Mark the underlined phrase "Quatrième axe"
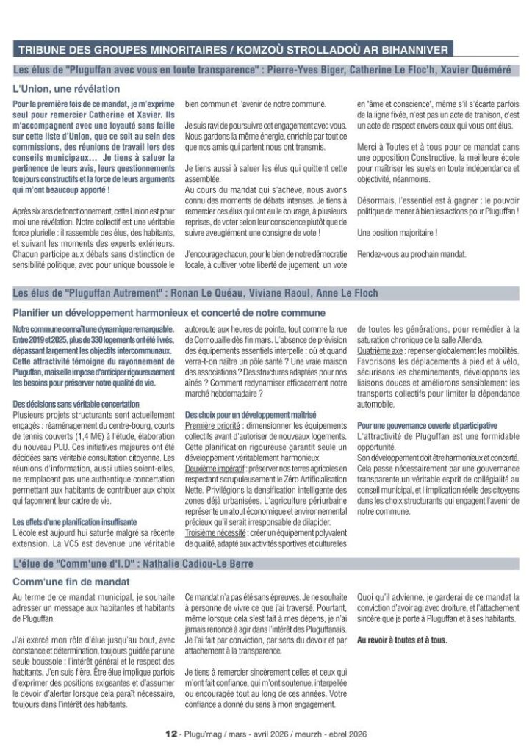click(x=380, y=352)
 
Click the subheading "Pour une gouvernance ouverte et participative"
click(x=428, y=425)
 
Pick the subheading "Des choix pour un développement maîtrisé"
click(x=251, y=415)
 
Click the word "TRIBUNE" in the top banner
click(x=42, y=51)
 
